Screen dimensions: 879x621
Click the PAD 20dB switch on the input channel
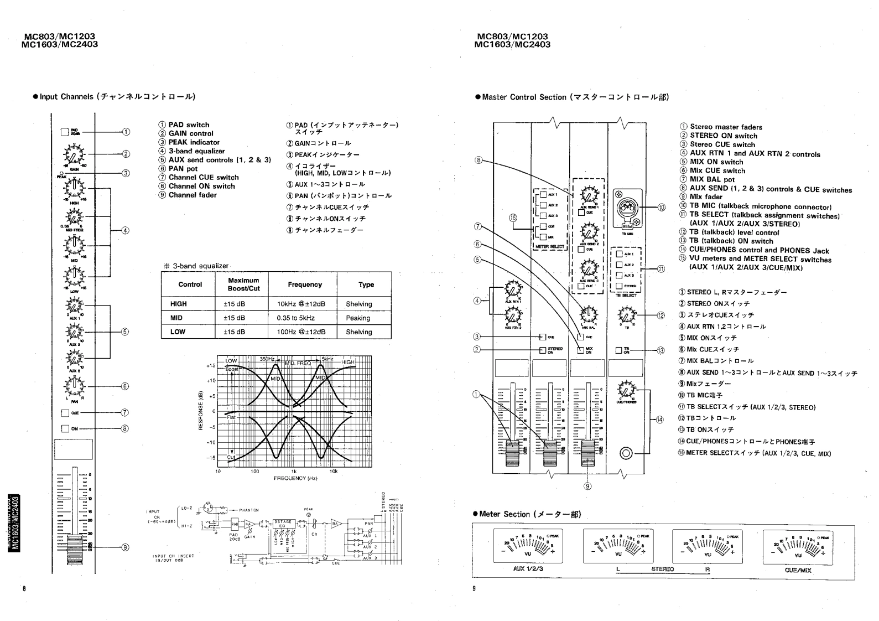click(x=65, y=132)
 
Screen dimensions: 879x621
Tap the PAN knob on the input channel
click(x=73, y=385)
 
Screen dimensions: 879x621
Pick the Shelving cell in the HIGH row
click(x=358, y=304)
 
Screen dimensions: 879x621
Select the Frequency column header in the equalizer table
click(x=304, y=284)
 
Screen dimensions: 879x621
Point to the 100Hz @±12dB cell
click(x=301, y=332)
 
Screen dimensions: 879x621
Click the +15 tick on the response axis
click(x=211, y=366)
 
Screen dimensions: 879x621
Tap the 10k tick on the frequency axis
click(x=333, y=472)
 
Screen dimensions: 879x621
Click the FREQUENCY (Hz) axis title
click(x=295, y=478)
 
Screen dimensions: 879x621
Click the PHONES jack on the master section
click(x=626, y=453)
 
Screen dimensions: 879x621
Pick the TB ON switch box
click(x=619, y=350)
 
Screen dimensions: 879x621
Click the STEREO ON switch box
click(x=543, y=350)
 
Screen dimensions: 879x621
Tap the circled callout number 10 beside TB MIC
click(x=662, y=208)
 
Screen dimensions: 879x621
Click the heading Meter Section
click(x=530, y=514)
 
